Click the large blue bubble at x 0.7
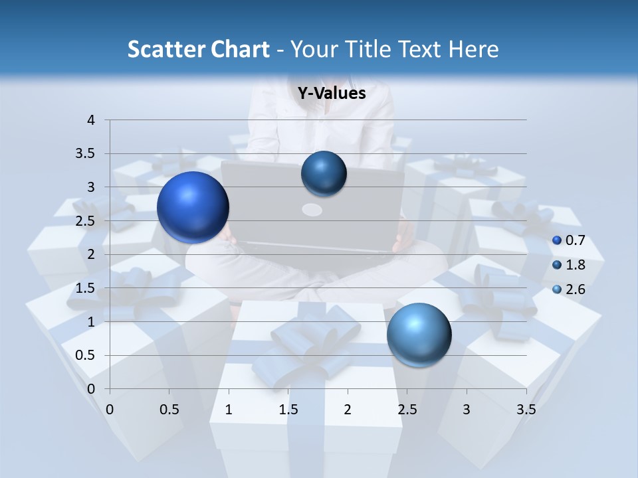pos(193,207)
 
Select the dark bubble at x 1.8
pos(324,174)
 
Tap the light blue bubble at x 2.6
pos(419,335)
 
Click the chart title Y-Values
pos(331,94)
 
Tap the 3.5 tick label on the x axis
pos(526,410)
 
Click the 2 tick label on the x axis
pos(348,410)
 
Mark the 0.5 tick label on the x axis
pos(169,410)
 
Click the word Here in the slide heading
pos(474,49)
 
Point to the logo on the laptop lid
pos(312,210)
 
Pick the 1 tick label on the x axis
pos(229,410)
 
